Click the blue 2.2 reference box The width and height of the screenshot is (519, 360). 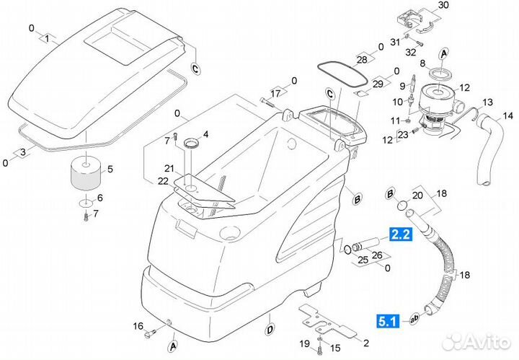coord(401,233)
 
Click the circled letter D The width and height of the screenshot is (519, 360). coord(269,330)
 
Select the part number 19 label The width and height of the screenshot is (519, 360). coord(305,343)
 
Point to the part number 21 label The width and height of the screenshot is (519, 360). coord(169,168)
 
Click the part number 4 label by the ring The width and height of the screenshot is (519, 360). coord(205,134)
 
